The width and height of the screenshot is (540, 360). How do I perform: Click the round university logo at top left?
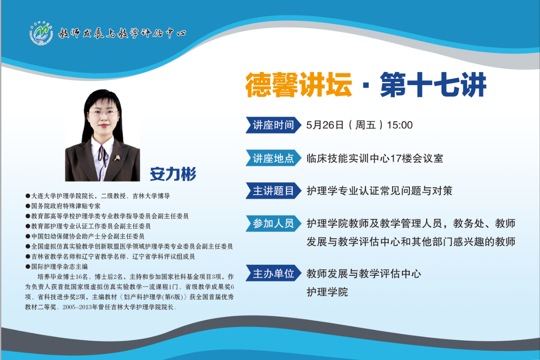pos(41,33)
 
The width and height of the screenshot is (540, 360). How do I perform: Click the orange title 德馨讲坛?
pos(299,85)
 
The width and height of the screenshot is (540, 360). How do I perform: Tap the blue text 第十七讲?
pos(433,85)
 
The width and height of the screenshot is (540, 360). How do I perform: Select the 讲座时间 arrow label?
pos(273,125)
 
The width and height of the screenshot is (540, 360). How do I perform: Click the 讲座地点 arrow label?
pos(273,158)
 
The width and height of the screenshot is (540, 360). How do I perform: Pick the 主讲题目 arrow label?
pos(273,191)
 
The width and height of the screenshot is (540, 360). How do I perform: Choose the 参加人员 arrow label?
pos(273,223)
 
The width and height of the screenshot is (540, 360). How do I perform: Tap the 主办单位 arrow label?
pos(273,273)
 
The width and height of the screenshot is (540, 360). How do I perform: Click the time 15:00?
pos(400,125)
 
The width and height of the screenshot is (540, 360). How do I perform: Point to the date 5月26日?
pos(325,125)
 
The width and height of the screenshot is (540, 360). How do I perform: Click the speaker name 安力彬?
pos(173,174)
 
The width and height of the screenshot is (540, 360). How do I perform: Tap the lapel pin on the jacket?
pos(117,158)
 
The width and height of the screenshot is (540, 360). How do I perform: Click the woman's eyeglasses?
pos(103,113)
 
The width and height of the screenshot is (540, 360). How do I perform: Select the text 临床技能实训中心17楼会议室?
pos(375,159)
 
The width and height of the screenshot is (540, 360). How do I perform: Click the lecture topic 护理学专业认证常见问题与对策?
pos(379,191)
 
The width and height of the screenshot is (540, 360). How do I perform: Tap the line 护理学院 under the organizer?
pos(327,292)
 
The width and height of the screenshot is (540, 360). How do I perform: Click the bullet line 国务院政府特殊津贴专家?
pos(63,206)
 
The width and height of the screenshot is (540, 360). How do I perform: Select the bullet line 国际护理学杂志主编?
pos(57,266)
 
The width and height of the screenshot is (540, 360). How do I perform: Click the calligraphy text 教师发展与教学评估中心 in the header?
pos(122,33)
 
